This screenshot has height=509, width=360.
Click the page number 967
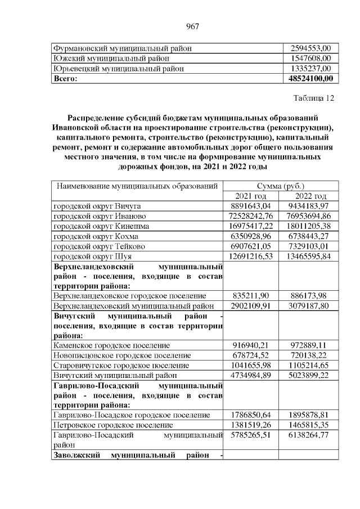pos(193,26)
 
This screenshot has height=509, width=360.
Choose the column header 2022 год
pos(310,196)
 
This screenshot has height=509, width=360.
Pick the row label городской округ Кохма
pos(95,236)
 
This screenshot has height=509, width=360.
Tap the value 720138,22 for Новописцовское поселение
pos(310,355)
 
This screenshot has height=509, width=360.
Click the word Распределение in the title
pos(96,118)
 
